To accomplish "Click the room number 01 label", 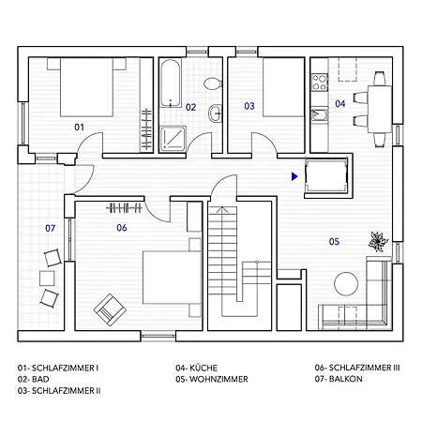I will point(80,126).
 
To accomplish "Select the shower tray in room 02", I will point(174,139).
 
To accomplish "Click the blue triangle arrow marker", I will point(294,174).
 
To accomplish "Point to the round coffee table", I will point(346,282).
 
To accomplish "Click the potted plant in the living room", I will point(377,241).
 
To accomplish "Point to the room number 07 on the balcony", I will point(51,228).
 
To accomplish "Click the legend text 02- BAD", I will point(35,380).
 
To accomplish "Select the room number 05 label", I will point(333,242).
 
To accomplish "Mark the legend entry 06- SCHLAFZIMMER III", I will point(357,369).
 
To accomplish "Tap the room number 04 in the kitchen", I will point(340,103).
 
